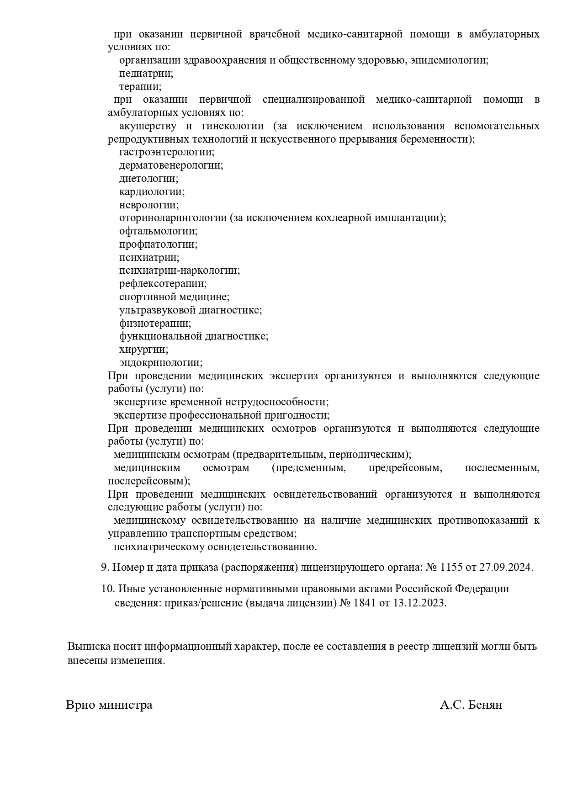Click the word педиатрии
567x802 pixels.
(x=146, y=73)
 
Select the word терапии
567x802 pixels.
(x=140, y=86)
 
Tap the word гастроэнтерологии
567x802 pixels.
(x=166, y=152)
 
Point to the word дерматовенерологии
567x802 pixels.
(x=171, y=165)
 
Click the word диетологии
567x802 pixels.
(x=148, y=179)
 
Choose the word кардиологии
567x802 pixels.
(x=152, y=192)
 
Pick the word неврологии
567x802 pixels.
(x=148, y=205)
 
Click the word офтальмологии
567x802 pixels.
(x=158, y=231)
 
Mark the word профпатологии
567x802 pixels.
(x=158, y=244)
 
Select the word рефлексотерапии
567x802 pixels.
(x=163, y=284)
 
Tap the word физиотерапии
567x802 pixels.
(x=155, y=324)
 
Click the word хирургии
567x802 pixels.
(x=143, y=350)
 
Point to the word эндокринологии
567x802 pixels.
(x=160, y=363)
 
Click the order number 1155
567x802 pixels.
(x=451, y=568)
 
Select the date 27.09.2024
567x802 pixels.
(x=505, y=568)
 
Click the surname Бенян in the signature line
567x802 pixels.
(x=486, y=705)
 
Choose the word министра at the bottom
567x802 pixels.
(x=123, y=705)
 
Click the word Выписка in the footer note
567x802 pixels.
(x=89, y=647)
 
